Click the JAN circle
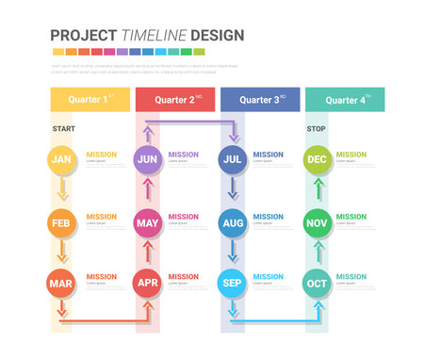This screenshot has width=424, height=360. pos(61,159)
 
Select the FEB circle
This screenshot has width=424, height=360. pos(61,223)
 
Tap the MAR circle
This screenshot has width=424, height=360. pos(61,283)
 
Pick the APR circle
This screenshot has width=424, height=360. pos(147,283)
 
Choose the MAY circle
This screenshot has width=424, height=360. pos(147,223)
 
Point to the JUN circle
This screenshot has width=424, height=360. pos(147,159)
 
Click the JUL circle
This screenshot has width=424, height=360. pos(233,159)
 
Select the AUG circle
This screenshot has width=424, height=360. pos(233,223)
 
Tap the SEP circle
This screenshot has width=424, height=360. pos(233,283)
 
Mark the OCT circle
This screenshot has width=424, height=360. pos(318,283)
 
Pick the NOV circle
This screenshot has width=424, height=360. pos(318,223)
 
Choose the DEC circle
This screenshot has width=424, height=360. pos(318,159)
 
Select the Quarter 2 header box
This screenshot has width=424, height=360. pos(174,99)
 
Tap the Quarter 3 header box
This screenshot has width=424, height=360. pos(260,99)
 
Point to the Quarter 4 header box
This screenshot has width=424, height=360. pos(344,99)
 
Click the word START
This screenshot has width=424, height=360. pos(63,128)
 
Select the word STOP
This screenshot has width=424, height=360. pos(316,128)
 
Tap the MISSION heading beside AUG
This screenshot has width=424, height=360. pos(268,217)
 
